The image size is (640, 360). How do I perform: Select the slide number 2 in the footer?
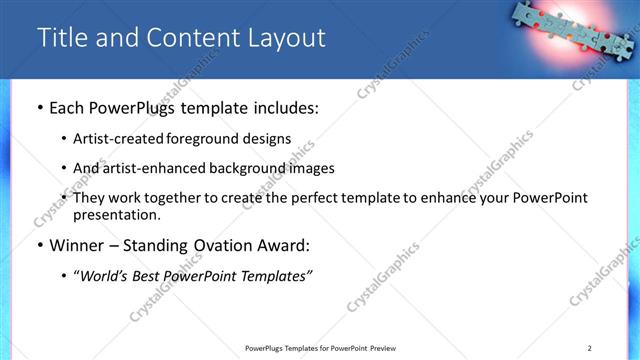pos(590,347)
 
